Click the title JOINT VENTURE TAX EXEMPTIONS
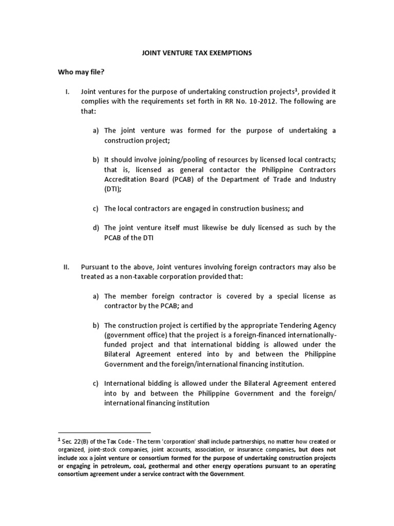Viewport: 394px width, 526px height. [x=196, y=53]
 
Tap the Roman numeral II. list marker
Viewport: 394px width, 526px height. [x=66, y=267]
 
